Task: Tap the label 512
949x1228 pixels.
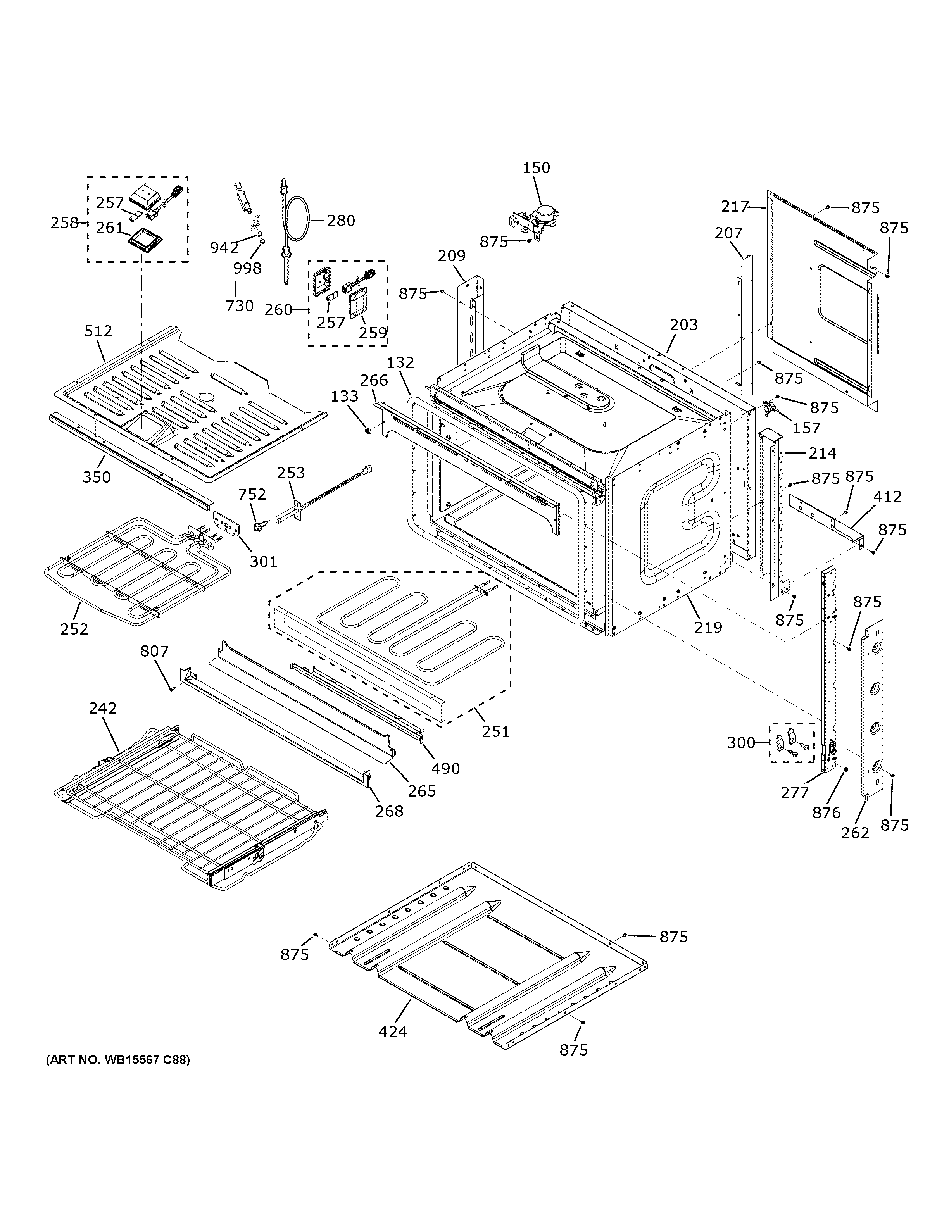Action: [98, 331]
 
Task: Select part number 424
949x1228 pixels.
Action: [392, 1032]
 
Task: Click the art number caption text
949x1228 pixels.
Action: [117, 1060]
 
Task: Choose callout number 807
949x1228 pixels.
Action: [154, 651]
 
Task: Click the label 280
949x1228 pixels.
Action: [341, 221]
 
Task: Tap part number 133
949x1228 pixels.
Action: [344, 397]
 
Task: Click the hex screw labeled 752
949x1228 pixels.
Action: [260, 527]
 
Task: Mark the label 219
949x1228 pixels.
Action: [708, 628]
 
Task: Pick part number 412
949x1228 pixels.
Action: [887, 497]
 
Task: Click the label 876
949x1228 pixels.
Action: [826, 812]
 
